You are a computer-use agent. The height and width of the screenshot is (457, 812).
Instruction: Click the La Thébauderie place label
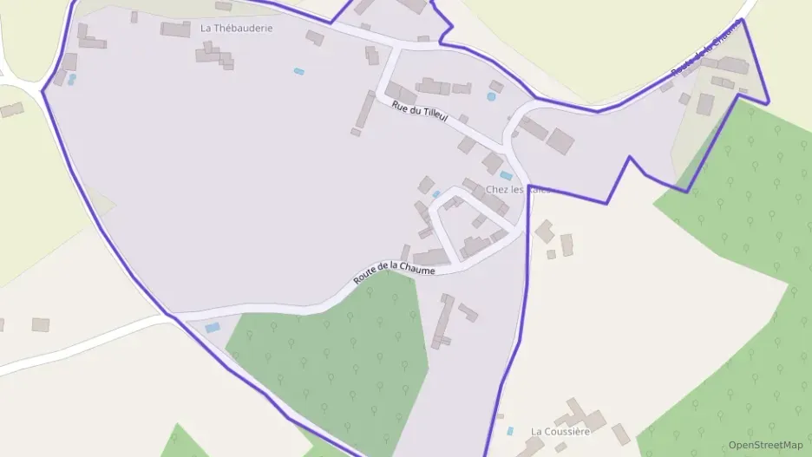236,28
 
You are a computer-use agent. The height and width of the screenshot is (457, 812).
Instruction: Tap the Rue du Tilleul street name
420,111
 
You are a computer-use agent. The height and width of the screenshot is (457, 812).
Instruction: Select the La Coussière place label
560,431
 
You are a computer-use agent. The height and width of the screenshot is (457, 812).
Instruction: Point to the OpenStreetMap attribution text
765,445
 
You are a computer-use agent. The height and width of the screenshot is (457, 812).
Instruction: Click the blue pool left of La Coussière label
510,430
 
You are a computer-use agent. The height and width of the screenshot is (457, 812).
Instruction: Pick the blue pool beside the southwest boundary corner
213,327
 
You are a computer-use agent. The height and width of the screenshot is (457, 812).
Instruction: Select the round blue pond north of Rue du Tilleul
491,96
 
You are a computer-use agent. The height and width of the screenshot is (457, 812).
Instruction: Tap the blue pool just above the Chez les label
506,176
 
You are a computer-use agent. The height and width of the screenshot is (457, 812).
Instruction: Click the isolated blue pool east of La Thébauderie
299,71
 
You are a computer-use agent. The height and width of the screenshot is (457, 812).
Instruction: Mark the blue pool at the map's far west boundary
72,79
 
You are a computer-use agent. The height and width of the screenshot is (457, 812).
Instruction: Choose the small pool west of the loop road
436,193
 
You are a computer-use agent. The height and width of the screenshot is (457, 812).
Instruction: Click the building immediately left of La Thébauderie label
175,29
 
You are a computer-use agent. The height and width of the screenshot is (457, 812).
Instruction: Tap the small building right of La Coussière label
620,434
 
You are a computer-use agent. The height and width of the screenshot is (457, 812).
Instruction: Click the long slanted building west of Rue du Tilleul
364,110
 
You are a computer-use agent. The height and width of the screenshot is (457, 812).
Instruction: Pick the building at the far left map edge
11,110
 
